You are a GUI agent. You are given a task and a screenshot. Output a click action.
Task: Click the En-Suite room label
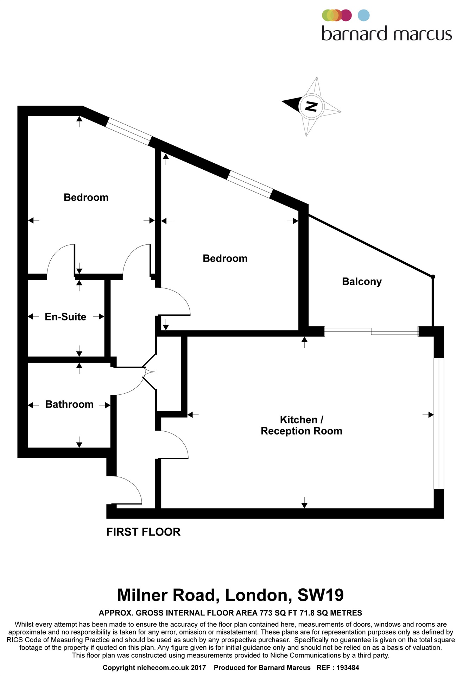[65, 317]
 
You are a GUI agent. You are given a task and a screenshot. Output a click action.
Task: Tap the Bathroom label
[69, 404]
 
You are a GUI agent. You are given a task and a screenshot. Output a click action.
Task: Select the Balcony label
[362, 282]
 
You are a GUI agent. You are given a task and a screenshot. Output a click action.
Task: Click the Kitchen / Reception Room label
[301, 425]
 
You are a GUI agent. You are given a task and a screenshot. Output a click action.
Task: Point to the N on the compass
[310, 106]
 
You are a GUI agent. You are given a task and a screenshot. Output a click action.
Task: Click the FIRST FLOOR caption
[143, 532]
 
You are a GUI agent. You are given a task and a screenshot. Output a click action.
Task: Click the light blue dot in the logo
[363, 15]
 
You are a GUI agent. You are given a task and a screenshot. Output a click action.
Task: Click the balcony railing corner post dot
[433, 277]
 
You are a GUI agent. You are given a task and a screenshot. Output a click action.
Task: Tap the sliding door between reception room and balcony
[371, 331]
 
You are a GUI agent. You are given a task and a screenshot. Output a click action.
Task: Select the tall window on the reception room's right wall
[439, 424]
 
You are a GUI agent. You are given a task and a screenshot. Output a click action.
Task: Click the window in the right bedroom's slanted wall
[250, 184]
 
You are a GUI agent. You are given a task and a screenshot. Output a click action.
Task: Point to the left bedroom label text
[86, 197]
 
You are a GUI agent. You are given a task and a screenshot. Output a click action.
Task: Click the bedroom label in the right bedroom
[225, 258]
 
